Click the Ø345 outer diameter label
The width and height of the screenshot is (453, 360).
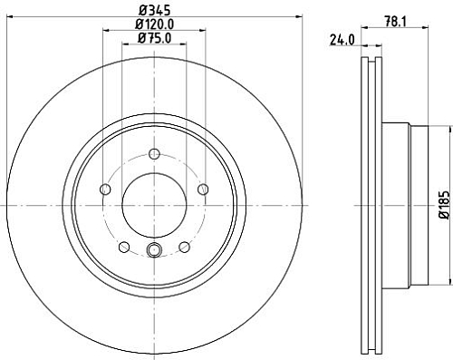pos(152,10)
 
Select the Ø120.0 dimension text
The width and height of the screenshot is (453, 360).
pos(153,24)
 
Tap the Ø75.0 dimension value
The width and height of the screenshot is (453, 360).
pos(153,38)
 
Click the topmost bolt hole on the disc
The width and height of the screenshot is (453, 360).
pos(153,152)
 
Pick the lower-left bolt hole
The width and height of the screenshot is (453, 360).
pos(123,246)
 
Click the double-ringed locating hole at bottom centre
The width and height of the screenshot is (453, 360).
pos(153,252)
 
